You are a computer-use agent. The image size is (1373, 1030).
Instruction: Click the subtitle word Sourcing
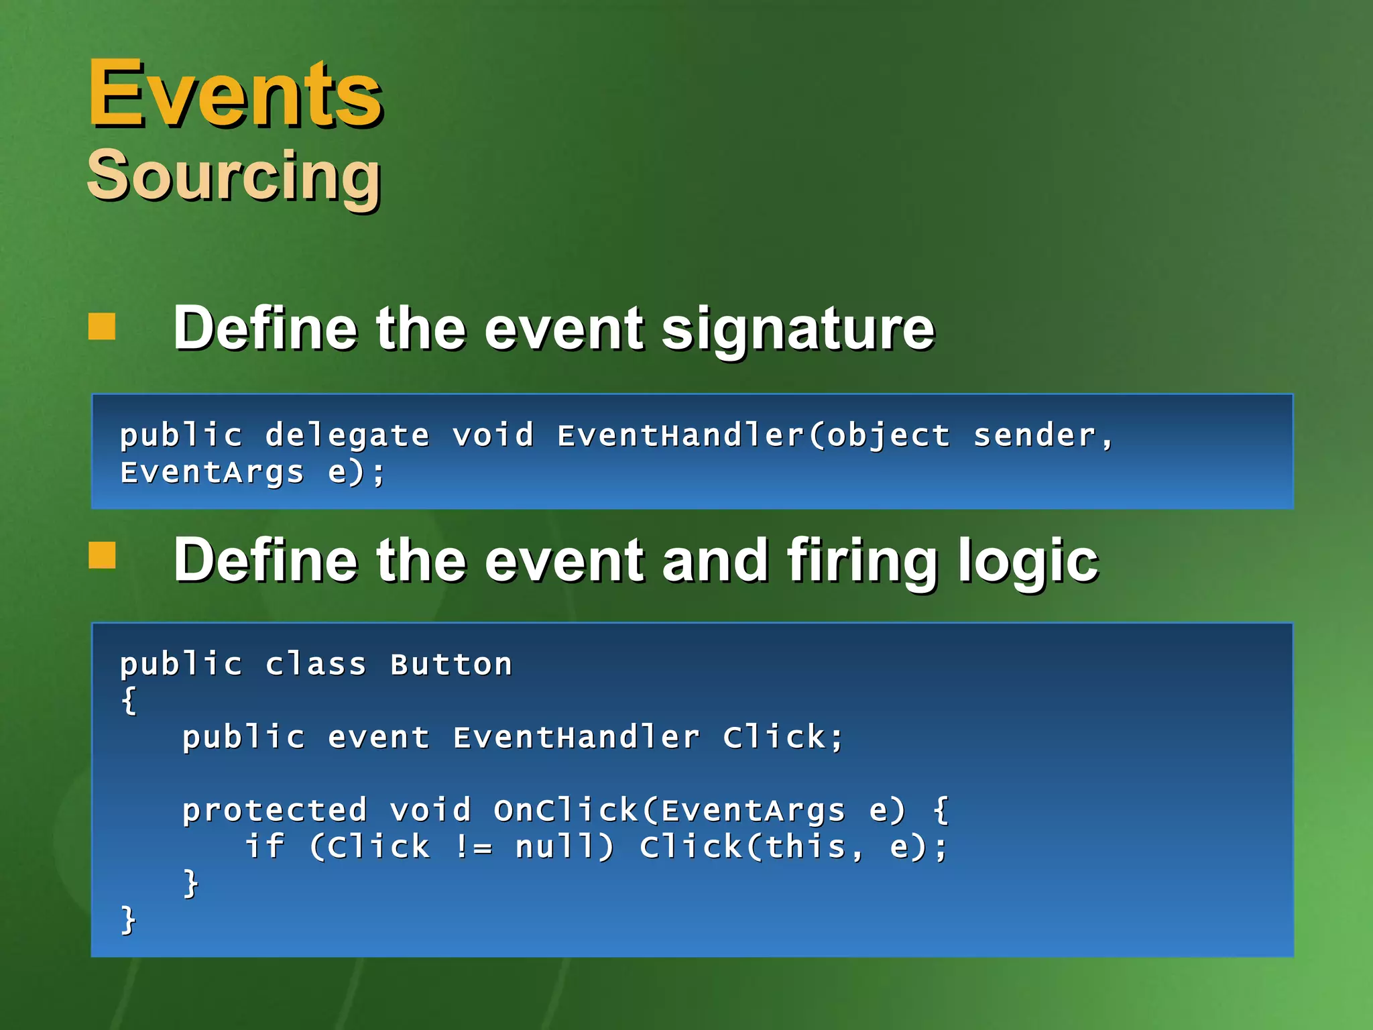[235, 176]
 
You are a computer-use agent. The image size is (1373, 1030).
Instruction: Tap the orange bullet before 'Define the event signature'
[102, 327]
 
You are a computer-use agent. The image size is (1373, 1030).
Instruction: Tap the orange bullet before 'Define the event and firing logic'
[102, 555]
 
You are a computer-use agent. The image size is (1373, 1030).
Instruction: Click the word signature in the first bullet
[798, 330]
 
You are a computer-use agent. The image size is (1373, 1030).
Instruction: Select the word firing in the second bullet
[862, 562]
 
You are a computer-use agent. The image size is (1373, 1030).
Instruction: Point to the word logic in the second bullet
[1028, 562]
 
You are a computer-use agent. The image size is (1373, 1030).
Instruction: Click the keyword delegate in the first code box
[347, 436]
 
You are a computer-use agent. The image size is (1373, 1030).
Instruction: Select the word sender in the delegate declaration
[1034, 436]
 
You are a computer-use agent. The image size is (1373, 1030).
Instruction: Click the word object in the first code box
[888, 436]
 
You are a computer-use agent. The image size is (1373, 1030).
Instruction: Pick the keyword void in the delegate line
[493, 436]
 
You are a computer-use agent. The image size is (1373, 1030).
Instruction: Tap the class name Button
[451, 665]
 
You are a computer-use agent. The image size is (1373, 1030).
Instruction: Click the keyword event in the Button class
[379, 738]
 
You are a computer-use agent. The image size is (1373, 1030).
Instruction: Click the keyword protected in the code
[275, 811]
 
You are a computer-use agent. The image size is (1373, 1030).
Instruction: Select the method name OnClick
[566, 811]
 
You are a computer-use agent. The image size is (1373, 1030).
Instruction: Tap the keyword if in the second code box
[265, 846]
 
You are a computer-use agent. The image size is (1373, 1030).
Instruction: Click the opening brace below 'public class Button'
[129, 701]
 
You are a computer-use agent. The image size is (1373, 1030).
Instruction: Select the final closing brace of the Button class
[128, 920]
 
